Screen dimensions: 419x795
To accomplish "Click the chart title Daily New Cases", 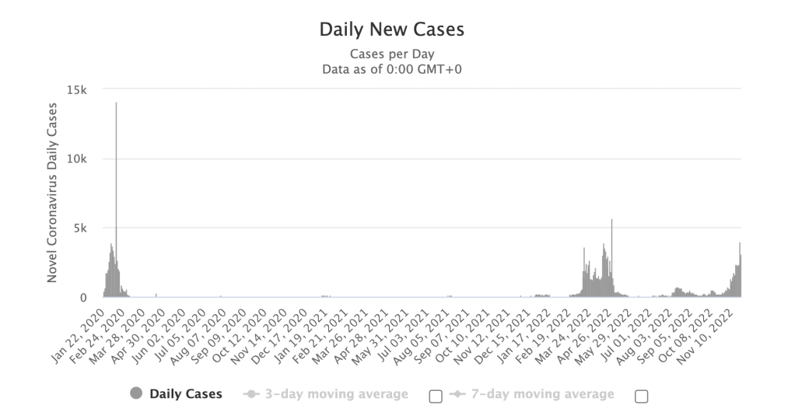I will (391, 30).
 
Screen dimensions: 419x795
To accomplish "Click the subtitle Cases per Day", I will (391, 54).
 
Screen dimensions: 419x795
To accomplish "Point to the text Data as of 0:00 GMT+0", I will (391, 69).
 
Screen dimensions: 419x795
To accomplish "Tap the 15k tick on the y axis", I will (78, 89).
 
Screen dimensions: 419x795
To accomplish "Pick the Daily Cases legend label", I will (186, 394).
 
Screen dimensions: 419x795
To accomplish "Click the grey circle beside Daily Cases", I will (137, 394).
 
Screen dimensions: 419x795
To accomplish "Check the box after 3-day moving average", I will (436, 396).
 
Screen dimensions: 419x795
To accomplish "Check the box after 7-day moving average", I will (641, 396).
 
